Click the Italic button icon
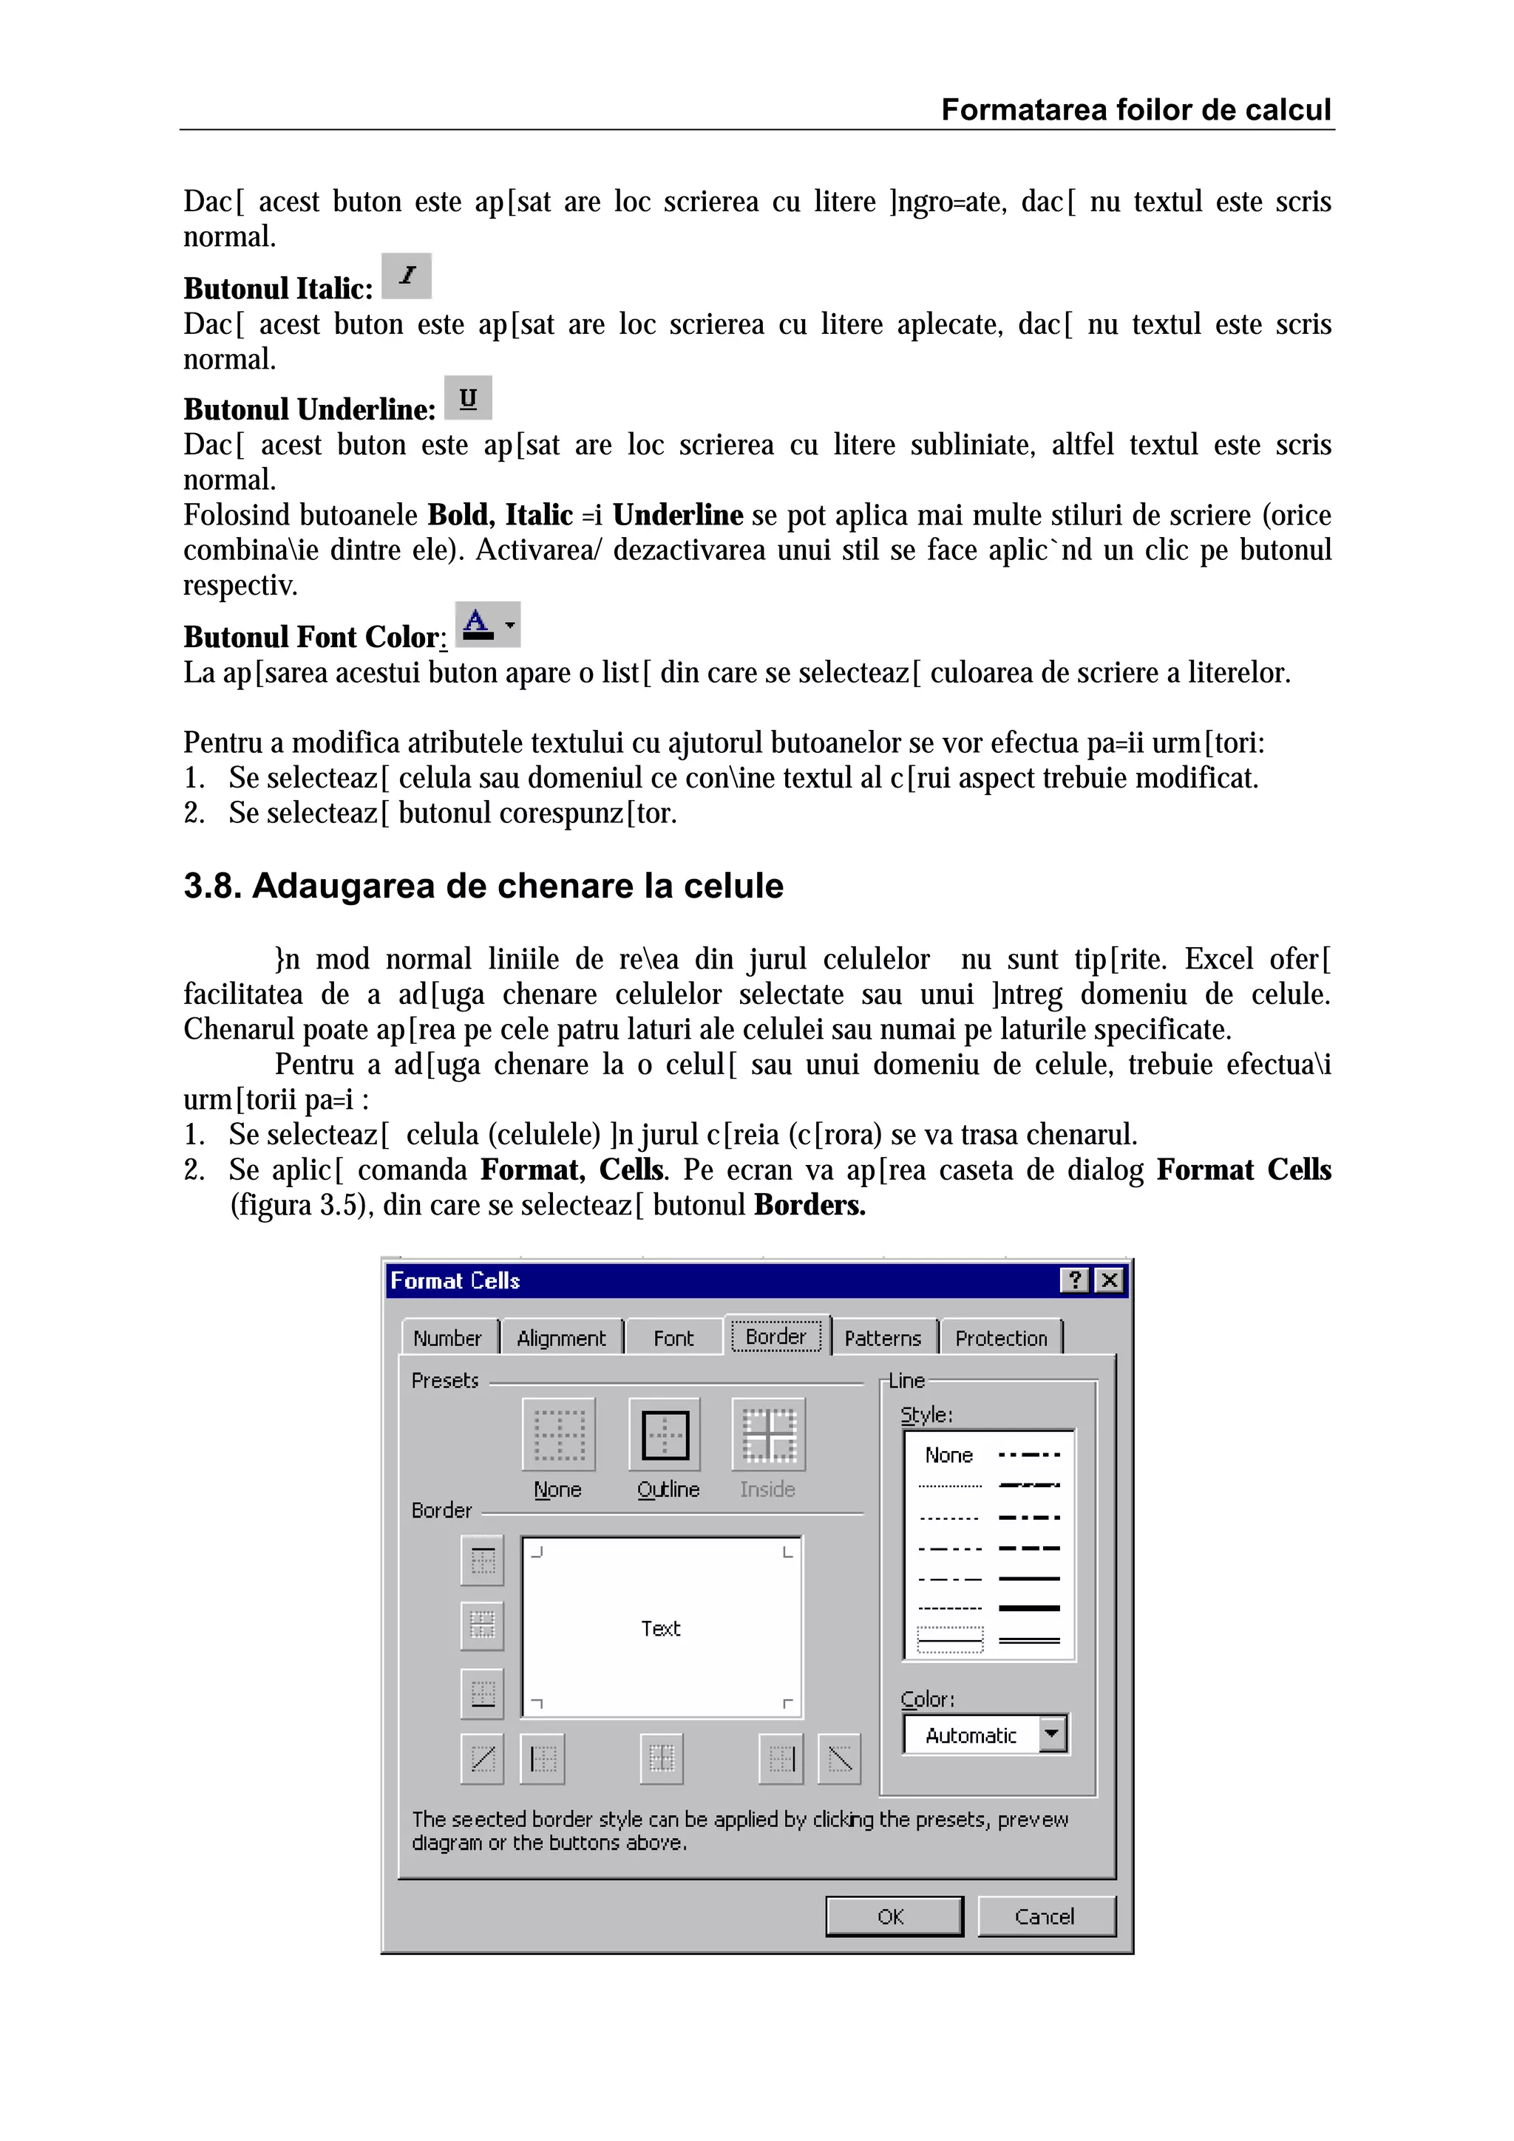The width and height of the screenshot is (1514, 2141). pyautogui.click(x=407, y=276)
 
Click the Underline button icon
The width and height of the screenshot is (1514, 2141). pyautogui.click(x=468, y=398)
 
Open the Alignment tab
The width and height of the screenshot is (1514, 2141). pyautogui.click(x=562, y=1338)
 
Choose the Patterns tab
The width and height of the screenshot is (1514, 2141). pyautogui.click(x=883, y=1338)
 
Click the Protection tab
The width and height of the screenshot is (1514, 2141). pyautogui.click(x=1001, y=1338)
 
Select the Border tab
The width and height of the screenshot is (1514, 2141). pyautogui.click(x=775, y=1336)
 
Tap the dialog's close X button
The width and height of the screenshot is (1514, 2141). pyautogui.click(x=1109, y=1280)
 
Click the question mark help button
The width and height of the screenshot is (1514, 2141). pyautogui.click(x=1076, y=1280)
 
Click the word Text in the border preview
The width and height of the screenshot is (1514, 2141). pyautogui.click(x=660, y=1629)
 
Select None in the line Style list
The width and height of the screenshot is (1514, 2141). pyautogui.click(x=948, y=1455)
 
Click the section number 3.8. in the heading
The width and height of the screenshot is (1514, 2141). pyautogui.click(x=211, y=886)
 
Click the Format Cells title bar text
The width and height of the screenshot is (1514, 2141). pyautogui.click(x=455, y=1281)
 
